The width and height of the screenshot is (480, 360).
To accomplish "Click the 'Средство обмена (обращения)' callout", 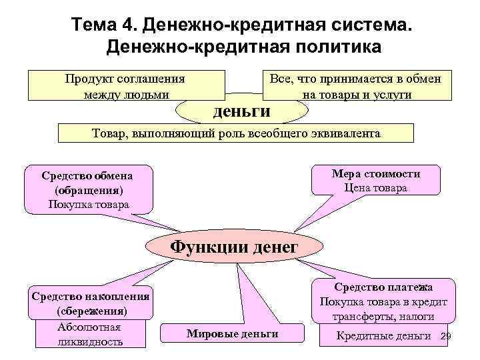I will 87,183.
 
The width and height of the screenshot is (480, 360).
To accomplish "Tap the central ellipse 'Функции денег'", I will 233,247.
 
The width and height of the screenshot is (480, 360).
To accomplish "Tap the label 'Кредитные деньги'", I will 383,335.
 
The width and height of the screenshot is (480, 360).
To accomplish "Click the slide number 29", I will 447,335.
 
